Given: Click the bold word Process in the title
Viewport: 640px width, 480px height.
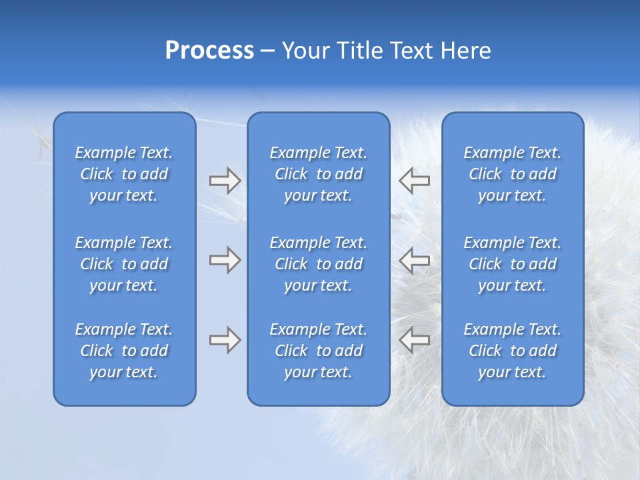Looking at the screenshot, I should tap(209, 51).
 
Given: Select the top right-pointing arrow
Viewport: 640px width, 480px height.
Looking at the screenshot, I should tap(225, 181).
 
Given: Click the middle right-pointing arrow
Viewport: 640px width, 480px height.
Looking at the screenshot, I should tap(225, 260).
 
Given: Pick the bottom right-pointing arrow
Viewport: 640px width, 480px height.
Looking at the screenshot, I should tap(225, 340).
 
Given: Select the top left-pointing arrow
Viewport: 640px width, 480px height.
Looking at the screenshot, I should tap(414, 181).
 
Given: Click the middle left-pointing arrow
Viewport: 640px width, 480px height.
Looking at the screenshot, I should tap(414, 260).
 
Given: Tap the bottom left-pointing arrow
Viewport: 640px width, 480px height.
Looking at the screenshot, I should tap(414, 340).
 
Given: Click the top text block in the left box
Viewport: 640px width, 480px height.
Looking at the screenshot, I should tap(124, 174).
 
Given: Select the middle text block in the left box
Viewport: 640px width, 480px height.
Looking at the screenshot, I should tap(124, 264).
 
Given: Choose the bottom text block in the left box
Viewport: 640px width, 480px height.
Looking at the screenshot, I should tap(124, 351).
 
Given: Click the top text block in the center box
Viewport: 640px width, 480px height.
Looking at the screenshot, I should tap(318, 174).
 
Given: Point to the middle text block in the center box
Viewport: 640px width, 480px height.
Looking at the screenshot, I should tap(318, 264).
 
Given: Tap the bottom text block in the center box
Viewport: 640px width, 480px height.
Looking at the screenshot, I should tap(318, 351).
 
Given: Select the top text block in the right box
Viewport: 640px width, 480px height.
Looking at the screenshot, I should tap(513, 174).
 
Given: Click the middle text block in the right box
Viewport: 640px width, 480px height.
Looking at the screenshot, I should tap(513, 264).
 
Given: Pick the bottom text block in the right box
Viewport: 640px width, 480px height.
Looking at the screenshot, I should tap(513, 351).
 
